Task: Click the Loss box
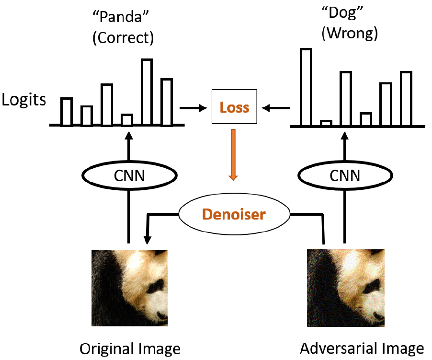[234, 107]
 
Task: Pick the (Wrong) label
[350, 34]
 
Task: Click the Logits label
[24, 100]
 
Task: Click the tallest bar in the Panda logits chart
[147, 92]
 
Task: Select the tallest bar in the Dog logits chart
[306, 87]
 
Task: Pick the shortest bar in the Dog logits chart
[326, 123]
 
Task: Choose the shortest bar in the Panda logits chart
[126, 120]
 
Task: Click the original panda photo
[129, 288]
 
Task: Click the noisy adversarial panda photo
[345, 288]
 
